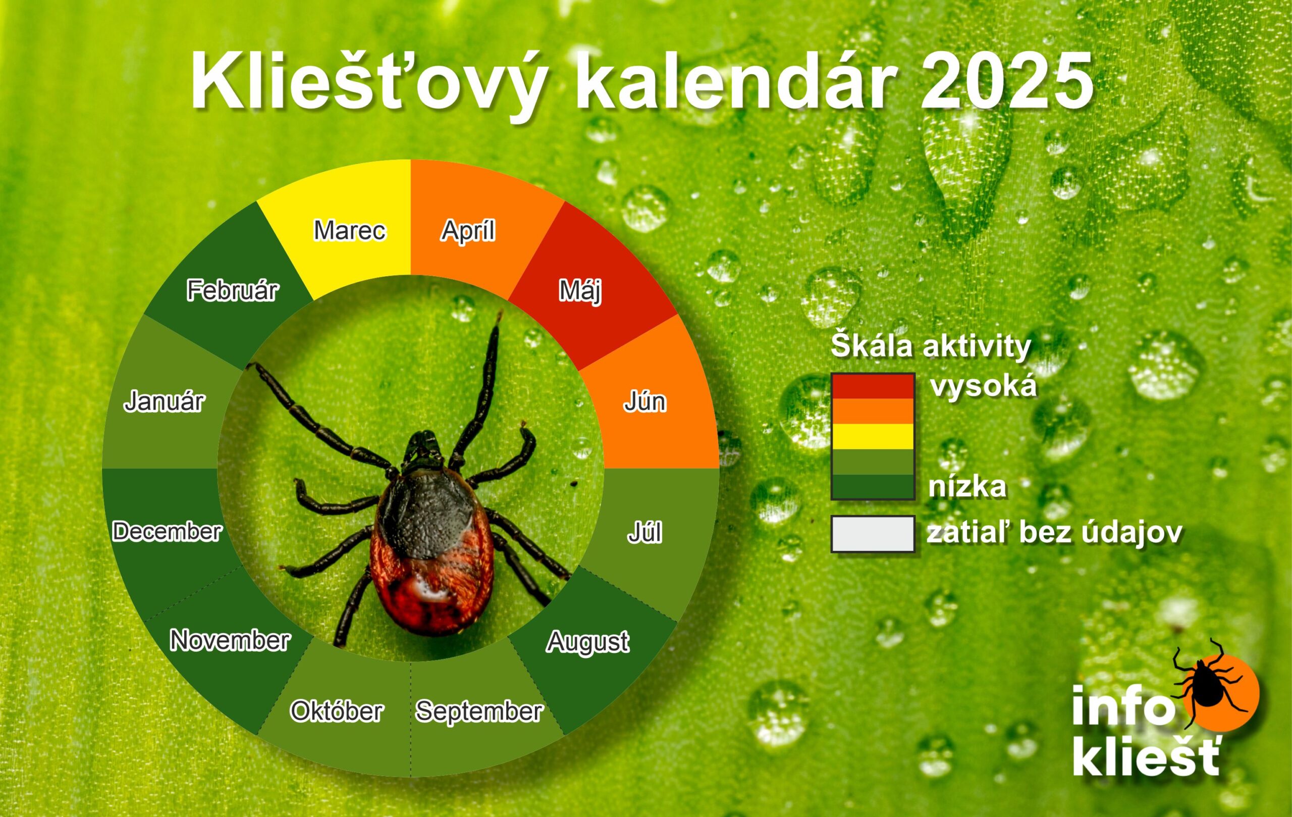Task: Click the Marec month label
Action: [349, 231]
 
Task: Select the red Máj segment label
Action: [580, 291]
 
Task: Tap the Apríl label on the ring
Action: [468, 231]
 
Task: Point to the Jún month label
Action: [644, 401]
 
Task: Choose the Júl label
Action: [644, 532]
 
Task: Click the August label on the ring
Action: [587, 641]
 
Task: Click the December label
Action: [167, 531]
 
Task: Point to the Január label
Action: [164, 401]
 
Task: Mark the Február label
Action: [232, 290]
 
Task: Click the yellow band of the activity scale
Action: [873, 436]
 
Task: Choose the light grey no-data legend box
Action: [873, 534]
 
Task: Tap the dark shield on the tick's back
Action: [426, 510]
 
